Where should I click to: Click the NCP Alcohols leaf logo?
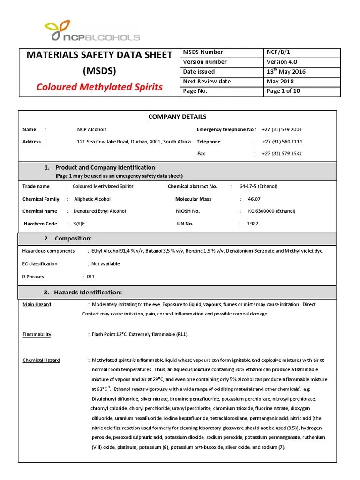(58, 30)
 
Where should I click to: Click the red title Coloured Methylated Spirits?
(99, 87)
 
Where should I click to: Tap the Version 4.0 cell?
(282, 62)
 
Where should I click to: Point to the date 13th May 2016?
(285, 71)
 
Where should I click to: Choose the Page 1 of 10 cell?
(283, 91)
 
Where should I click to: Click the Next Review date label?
(207, 81)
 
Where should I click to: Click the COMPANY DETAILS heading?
(177, 117)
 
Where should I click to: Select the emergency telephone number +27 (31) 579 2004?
(282, 129)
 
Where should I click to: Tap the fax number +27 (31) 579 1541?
(282, 153)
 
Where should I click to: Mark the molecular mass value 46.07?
(254, 199)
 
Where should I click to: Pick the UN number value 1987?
(253, 224)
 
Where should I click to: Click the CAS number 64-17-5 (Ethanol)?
(258, 186)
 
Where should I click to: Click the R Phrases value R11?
(91, 277)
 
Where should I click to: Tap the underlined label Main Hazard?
(37, 304)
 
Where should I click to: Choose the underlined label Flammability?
(37, 334)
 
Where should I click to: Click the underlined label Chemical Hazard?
(41, 360)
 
